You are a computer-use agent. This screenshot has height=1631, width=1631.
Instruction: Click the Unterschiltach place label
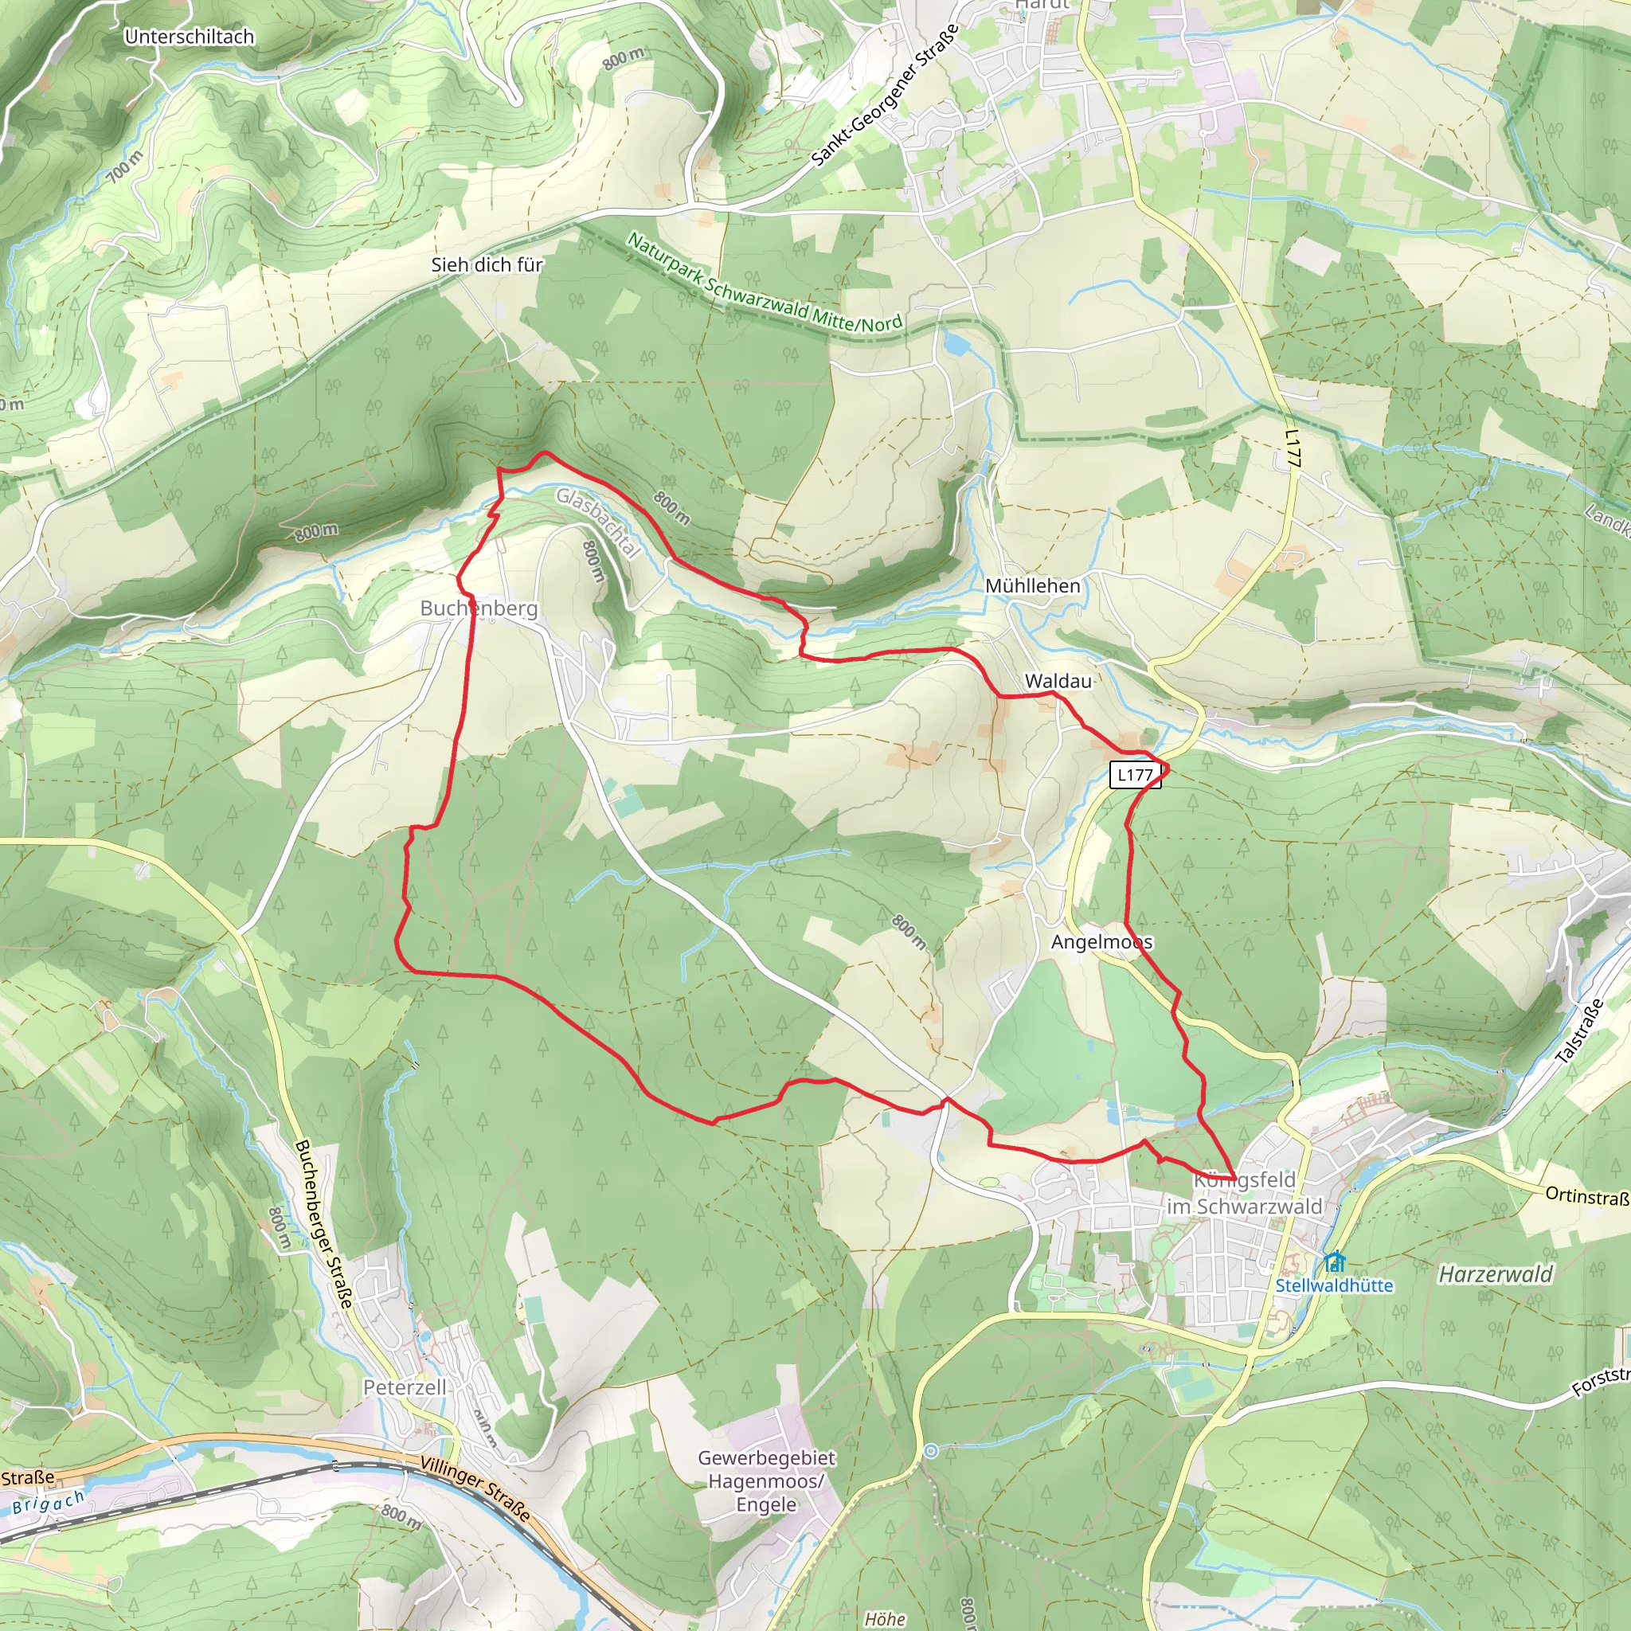coord(189,37)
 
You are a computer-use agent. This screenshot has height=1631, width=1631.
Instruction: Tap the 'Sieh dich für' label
coord(487,265)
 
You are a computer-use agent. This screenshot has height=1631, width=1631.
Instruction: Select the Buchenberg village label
coord(479,608)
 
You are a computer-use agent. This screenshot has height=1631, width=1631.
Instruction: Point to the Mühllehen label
coord(1032,586)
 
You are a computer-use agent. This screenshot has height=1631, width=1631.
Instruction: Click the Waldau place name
coord(1058,681)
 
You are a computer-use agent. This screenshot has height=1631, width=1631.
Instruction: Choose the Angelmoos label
coord(1101,942)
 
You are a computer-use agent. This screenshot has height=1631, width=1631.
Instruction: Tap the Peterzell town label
coord(405,1388)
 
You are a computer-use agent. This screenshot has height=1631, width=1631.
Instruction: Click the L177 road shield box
coord(1135,775)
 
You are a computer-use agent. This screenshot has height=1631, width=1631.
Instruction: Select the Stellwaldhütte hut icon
coord(1334,1262)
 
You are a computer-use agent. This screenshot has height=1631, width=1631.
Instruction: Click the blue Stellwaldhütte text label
coord(1334,1285)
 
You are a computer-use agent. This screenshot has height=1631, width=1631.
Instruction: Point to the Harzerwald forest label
coord(1495,1275)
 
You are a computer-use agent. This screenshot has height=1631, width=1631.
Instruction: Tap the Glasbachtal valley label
coord(598,523)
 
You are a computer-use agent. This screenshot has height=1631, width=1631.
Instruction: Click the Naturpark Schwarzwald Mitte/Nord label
coord(765,284)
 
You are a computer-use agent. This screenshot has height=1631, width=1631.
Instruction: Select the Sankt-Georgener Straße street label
coord(885,95)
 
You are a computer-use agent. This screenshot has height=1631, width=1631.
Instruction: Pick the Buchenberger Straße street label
coord(323,1224)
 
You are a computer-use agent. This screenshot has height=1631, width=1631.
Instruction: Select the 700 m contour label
coord(125,167)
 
